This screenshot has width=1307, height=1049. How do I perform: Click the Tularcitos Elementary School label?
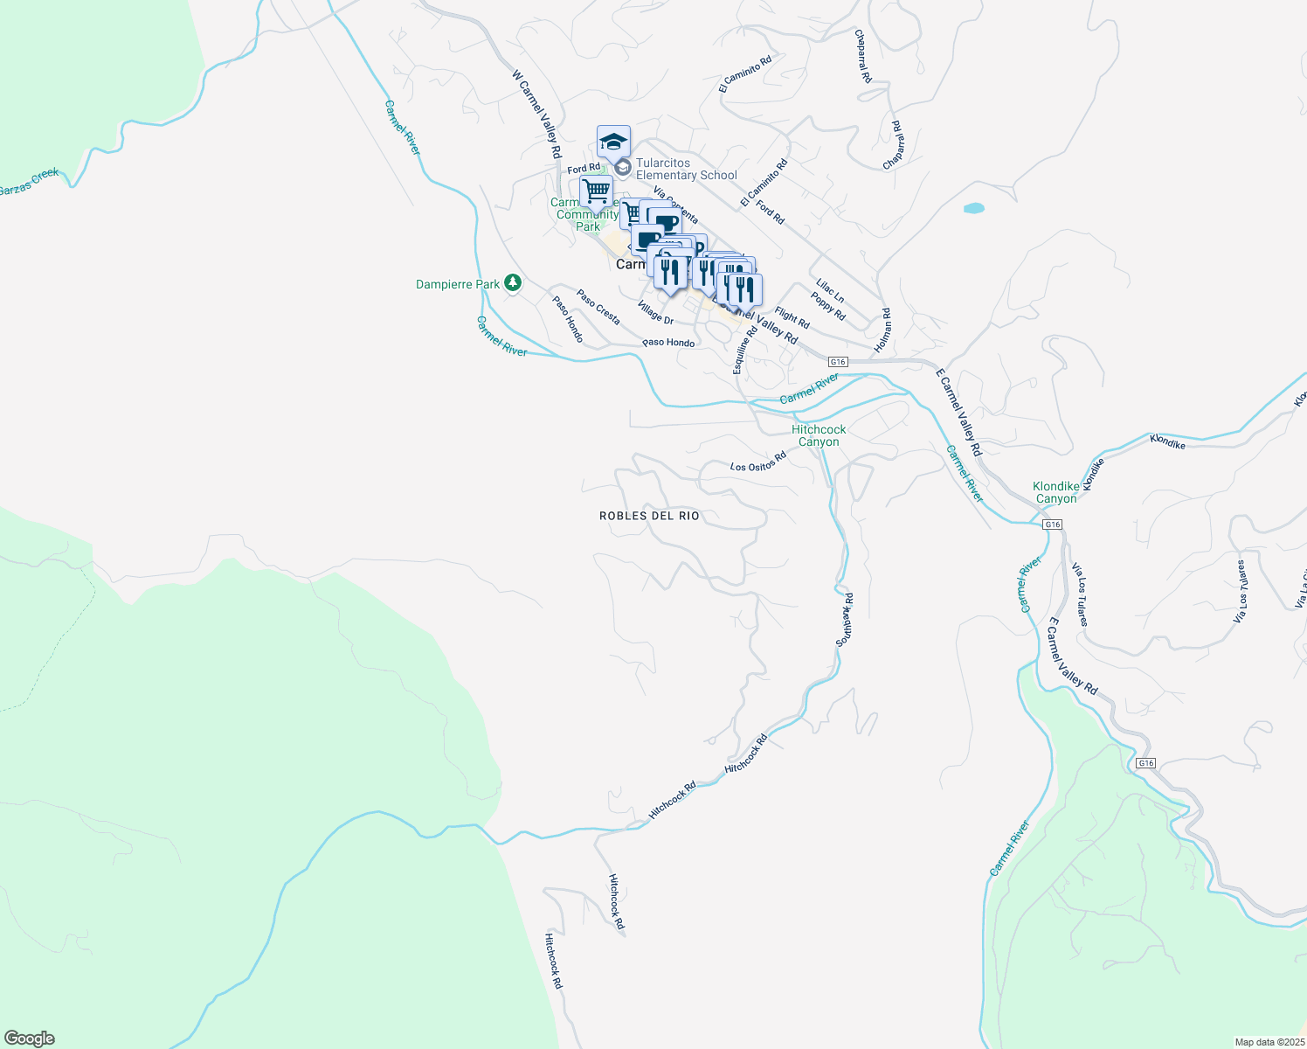[686, 169]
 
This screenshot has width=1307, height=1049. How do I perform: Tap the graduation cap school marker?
[613, 142]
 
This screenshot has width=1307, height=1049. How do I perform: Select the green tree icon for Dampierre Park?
[513, 283]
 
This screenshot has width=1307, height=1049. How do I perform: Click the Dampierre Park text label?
[458, 284]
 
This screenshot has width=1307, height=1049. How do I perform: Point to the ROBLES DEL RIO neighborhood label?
[649, 516]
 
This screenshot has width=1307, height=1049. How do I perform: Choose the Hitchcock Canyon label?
[819, 435]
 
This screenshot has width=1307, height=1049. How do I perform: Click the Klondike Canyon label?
[1055, 492]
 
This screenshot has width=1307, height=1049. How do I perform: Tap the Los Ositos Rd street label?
[758, 463]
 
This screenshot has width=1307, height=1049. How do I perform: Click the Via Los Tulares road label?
[1081, 594]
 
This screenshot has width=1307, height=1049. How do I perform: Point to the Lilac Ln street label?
[830, 289]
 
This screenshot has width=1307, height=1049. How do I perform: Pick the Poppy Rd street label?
[827, 306]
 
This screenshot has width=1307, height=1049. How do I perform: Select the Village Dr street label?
[655, 313]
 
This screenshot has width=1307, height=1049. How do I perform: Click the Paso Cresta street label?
[598, 307]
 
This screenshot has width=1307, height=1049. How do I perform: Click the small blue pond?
[973, 209]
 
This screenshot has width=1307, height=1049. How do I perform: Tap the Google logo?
[29, 1039]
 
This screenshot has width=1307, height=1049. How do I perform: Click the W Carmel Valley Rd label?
[536, 115]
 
